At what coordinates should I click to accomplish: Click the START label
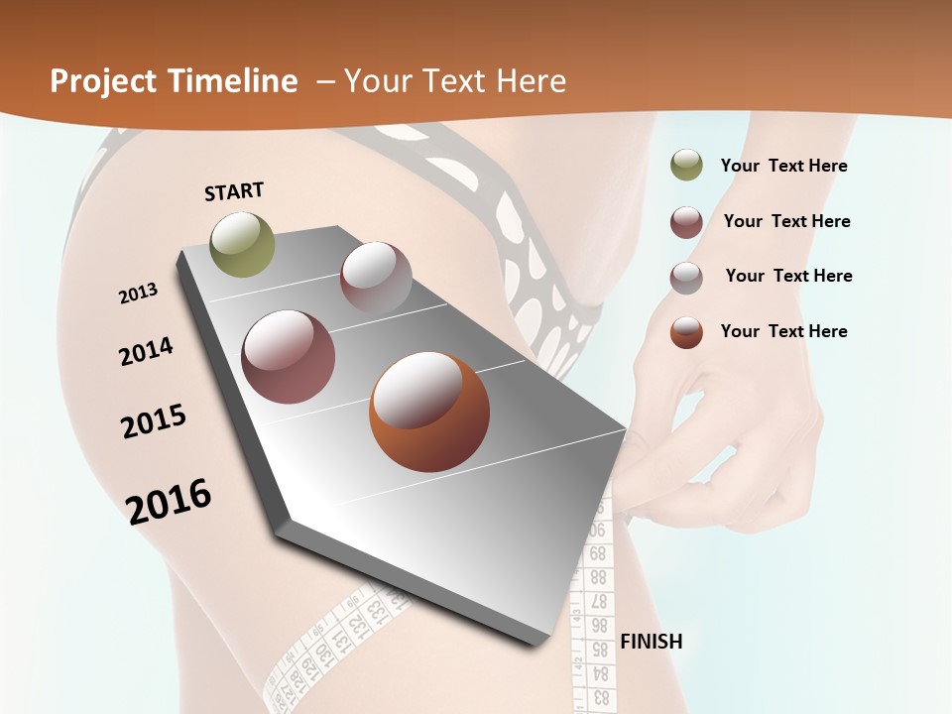pyautogui.click(x=234, y=191)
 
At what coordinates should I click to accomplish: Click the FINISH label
pyautogui.click(x=652, y=641)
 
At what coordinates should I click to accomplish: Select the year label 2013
pyautogui.click(x=139, y=294)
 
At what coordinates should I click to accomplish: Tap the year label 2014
pyautogui.click(x=147, y=352)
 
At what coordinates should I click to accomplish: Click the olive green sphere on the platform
pyautogui.click(x=243, y=244)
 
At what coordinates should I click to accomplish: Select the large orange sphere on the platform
pyautogui.click(x=429, y=411)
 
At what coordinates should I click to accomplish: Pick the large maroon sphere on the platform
pyautogui.click(x=289, y=357)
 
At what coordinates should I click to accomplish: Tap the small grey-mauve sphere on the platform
pyautogui.click(x=376, y=278)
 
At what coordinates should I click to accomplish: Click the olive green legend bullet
pyautogui.click(x=686, y=166)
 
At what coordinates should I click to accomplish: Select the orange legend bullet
pyautogui.click(x=686, y=331)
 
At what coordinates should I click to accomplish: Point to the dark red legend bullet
pyautogui.click(x=686, y=221)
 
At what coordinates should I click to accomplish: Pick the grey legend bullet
pyautogui.click(x=686, y=277)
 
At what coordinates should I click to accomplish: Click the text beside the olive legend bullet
pyautogui.click(x=784, y=166)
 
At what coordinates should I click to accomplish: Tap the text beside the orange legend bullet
pyautogui.click(x=784, y=331)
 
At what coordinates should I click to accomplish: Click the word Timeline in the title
pyautogui.click(x=234, y=81)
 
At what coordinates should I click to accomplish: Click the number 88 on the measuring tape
pyautogui.click(x=598, y=576)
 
